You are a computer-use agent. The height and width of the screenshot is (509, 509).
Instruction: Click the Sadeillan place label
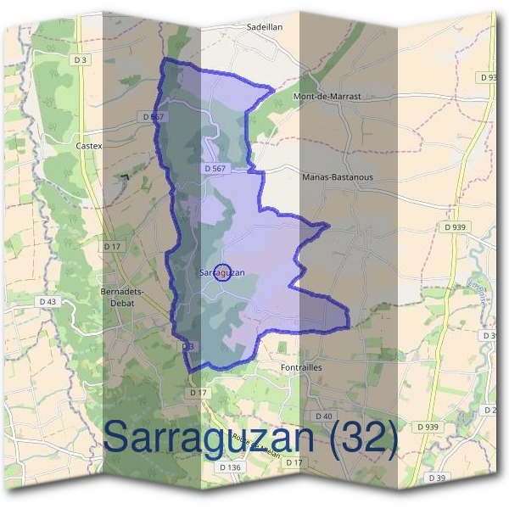(x=264, y=26)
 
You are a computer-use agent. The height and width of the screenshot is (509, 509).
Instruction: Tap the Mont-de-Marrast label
(x=327, y=97)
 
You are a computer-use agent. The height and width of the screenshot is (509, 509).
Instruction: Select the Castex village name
(x=89, y=146)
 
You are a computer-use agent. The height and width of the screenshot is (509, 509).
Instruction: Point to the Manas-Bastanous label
(x=338, y=177)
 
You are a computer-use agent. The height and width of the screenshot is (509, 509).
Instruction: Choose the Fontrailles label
(x=301, y=367)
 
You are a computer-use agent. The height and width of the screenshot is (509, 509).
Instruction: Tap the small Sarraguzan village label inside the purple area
(x=222, y=272)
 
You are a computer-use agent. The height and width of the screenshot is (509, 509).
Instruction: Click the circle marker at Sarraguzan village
(x=222, y=272)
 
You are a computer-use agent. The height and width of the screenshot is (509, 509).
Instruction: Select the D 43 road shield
(x=48, y=301)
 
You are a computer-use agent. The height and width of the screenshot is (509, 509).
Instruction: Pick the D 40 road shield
(x=323, y=416)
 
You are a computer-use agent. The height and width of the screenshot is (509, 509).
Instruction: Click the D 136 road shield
(x=231, y=467)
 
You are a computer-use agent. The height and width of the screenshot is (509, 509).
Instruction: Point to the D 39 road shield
(x=438, y=478)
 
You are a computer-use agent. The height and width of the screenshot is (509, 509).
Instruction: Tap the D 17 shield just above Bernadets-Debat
(x=113, y=246)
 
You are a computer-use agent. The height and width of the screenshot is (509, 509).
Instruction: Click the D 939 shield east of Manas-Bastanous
(x=455, y=227)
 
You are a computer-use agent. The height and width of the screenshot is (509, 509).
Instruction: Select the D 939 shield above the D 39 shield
(x=428, y=427)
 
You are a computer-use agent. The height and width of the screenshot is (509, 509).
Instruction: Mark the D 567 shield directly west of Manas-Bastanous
(x=215, y=169)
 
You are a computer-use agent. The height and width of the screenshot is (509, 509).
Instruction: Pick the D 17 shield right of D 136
(x=294, y=461)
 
